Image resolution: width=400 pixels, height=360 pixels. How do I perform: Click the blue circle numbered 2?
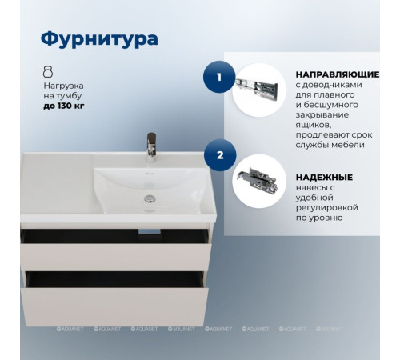pos(214,150)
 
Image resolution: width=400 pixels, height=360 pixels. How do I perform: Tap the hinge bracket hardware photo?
pos(258,180)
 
